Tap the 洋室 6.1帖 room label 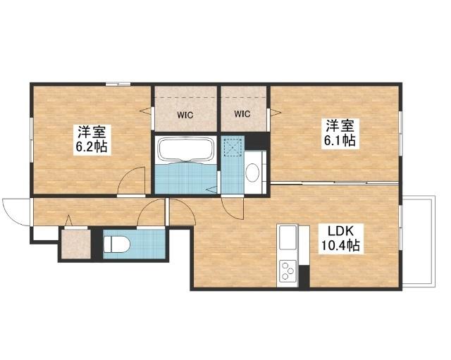pyautogui.click(x=340, y=133)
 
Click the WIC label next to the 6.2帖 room pyautogui.click(x=185, y=116)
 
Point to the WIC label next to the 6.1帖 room pyautogui.click(x=242, y=114)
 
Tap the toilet pyautogui.click(x=117, y=244)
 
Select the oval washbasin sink pyautogui.click(x=252, y=173)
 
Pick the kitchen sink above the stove pyautogui.click(x=288, y=237)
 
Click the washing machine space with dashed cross pyautogui.click(x=233, y=147)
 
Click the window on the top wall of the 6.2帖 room pyautogui.click(x=118, y=85)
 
